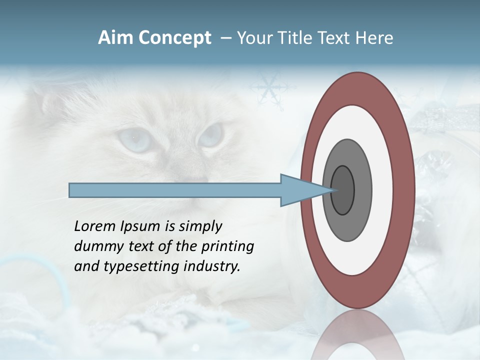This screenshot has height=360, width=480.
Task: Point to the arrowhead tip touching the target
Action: tap(332, 190)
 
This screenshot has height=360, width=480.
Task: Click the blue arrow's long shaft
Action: tap(175, 190)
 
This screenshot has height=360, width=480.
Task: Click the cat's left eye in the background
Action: tap(133, 139)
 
